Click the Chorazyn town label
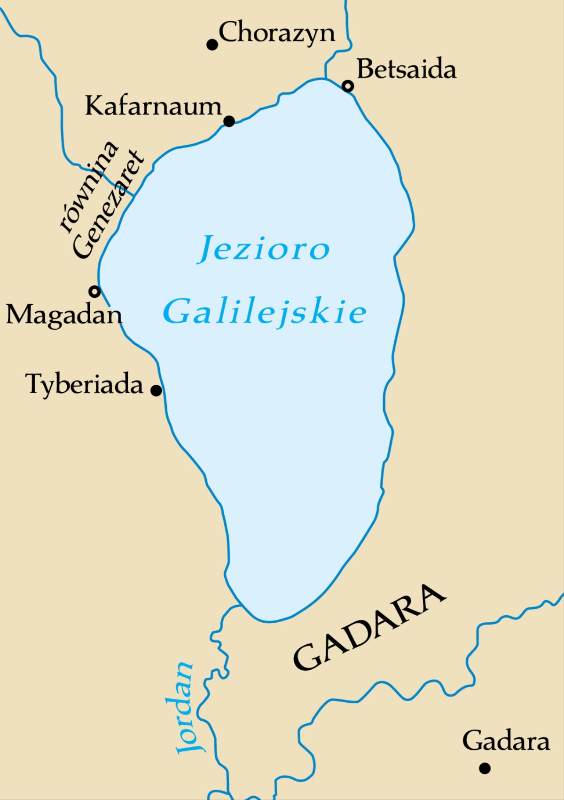(x=277, y=33)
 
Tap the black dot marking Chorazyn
(x=212, y=45)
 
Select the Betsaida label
(x=407, y=69)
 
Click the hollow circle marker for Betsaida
(x=348, y=86)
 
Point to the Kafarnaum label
(x=153, y=106)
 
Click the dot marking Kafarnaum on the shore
(x=229, y=121)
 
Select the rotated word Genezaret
(x=108, y=205)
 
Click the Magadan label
(x=64, y=315)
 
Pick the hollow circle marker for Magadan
(x=95, y=292)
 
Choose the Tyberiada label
(x=84, y=384)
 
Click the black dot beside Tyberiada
(x=156, y=390)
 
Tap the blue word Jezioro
(x=264, y=249)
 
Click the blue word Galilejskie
(x=265, y=312)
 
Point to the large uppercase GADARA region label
(x=370, y=628)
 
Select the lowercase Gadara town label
(x=506, y=741)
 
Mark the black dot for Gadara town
(x=485, y=768)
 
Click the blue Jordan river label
(x=185, y=708)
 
